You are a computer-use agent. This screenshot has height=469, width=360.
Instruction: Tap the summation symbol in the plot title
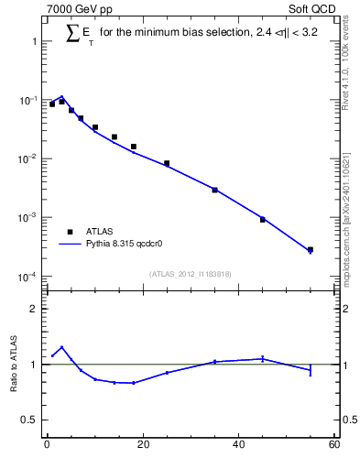click(x=75, y=33)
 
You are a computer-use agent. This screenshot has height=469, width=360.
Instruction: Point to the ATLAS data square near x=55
click(x=311, y=249)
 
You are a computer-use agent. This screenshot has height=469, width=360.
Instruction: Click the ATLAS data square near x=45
click(x=262, y=220)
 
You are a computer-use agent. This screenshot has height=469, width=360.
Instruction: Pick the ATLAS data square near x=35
click(x=214, y=190)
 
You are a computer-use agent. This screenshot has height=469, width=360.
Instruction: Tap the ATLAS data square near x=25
click(x=167, y=163)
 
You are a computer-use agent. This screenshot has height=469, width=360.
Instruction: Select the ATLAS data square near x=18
click(x=133, y=147)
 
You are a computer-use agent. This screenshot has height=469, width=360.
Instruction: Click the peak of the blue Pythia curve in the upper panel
click(x=61, y=96)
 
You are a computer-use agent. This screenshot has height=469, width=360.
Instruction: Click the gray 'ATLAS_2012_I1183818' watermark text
click(x=190, y=274)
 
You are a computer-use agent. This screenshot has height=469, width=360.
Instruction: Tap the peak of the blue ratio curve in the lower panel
click(x=61, y=347)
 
